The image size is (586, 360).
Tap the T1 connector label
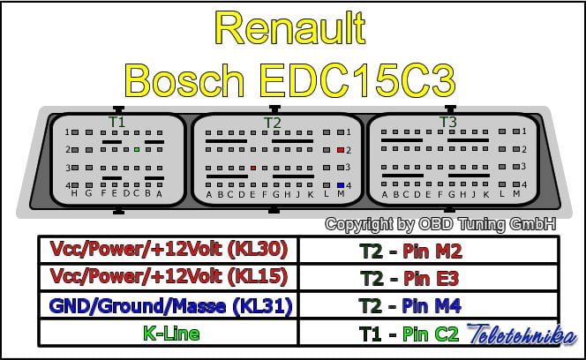[116, 121]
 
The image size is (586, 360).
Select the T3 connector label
[448, 121]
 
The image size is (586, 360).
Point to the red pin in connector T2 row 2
[341, 150]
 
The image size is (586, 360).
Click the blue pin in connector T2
[341, 184]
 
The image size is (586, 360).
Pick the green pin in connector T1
[137, 150]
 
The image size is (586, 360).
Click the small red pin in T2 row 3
[253, 167]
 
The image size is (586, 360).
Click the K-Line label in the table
[170, 334]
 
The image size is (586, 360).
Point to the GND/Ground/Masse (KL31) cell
[170, 306]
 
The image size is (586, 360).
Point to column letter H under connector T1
[74, 193]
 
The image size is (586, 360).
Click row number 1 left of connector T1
[67, 132]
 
